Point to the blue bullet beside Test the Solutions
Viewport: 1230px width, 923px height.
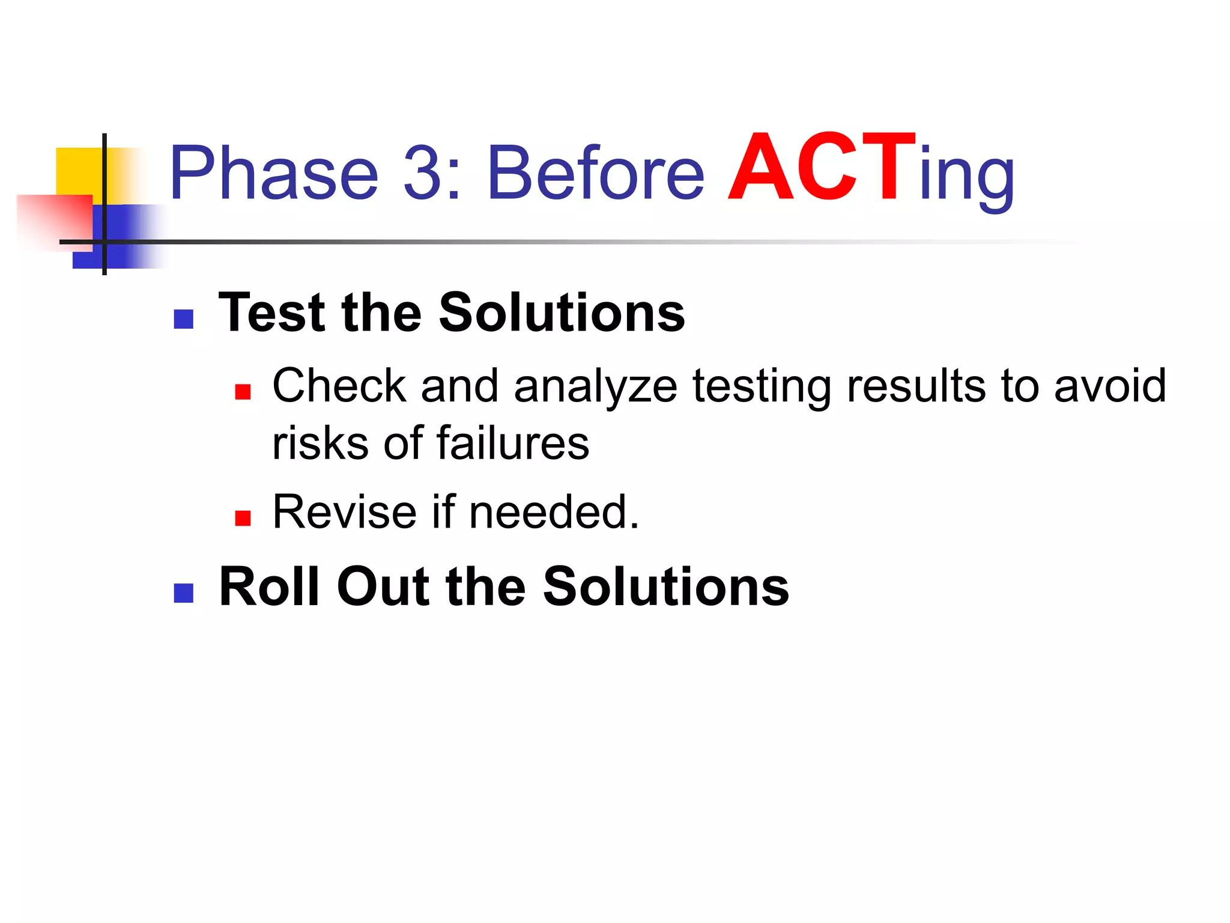tap(183, 319)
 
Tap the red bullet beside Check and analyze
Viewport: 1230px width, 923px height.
tap(243, 392)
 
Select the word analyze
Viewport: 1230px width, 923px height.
tap(595, 386)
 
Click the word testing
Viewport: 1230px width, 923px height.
tap(762, 386)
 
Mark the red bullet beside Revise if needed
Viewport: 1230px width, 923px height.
tap(243, 518)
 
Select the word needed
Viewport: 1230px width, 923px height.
tap(553, 512)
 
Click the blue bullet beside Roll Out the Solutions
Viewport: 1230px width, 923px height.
tap(183, 593)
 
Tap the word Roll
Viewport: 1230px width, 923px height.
tap(270, 586)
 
